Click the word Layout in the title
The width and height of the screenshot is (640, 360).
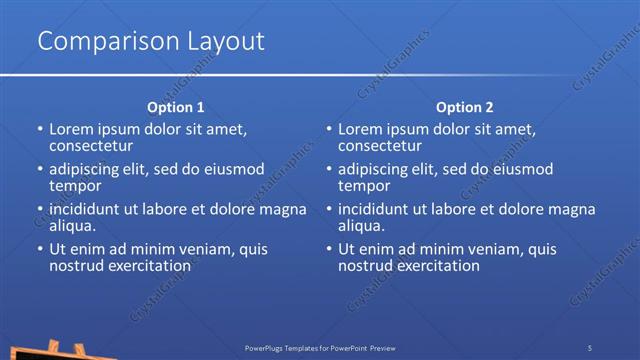point(216,41)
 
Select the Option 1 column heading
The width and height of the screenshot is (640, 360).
point(176,107)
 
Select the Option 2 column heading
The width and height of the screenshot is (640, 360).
point(465,107)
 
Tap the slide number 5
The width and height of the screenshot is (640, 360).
point(590,347)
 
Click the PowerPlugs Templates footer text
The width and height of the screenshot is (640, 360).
point(320,347)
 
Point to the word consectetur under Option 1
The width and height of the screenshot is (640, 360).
point(92,146)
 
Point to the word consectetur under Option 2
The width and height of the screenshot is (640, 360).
point(381,146)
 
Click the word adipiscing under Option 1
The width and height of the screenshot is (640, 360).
point(88,168)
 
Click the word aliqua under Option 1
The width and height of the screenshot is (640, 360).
point(74,226)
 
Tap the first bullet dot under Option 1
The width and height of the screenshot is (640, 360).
point(40,130)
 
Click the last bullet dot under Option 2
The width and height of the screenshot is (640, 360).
point(329,250)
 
